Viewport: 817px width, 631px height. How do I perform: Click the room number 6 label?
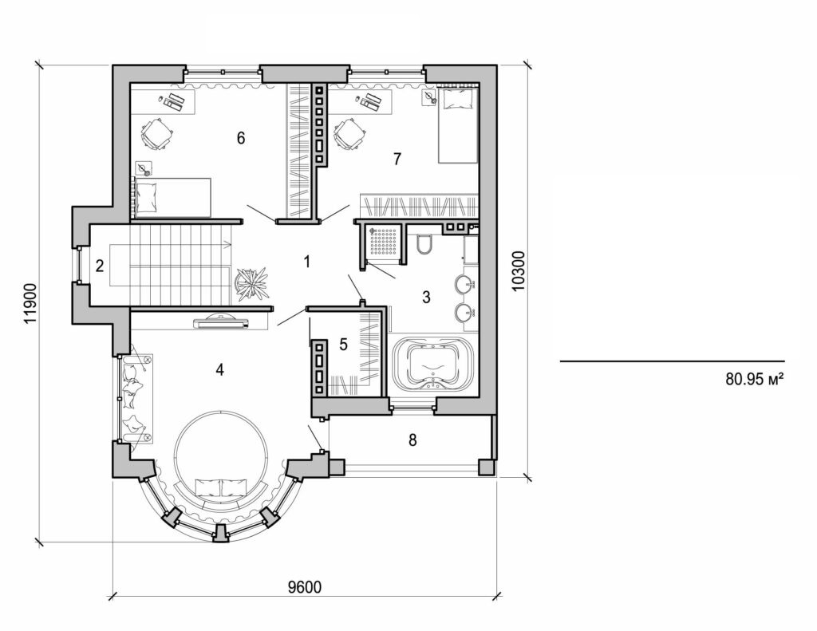coord(240,138)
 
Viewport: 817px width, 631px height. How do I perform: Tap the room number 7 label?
coord(397,158)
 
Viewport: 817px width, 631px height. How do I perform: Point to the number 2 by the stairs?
coord(100,266)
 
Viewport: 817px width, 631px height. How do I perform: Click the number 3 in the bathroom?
coord(426,297)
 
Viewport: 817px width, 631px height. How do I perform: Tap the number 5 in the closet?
coord(343,345)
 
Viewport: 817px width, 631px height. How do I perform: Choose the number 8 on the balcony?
coord(412,440)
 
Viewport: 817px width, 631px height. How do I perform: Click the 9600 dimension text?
coord(304,587)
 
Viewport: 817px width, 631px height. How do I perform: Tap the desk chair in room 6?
coord(156,133)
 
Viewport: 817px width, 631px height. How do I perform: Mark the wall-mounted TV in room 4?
coord(222,322)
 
